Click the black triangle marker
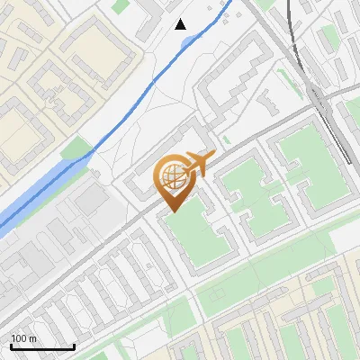tap(181, 23)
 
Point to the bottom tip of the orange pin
tap(172, 211)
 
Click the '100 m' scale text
tap(23, 338)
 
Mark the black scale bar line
tap(42, 347)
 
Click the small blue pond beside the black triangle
tap(193, 40)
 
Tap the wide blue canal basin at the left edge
tap(27, 200)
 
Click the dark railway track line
tap(297, 54)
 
